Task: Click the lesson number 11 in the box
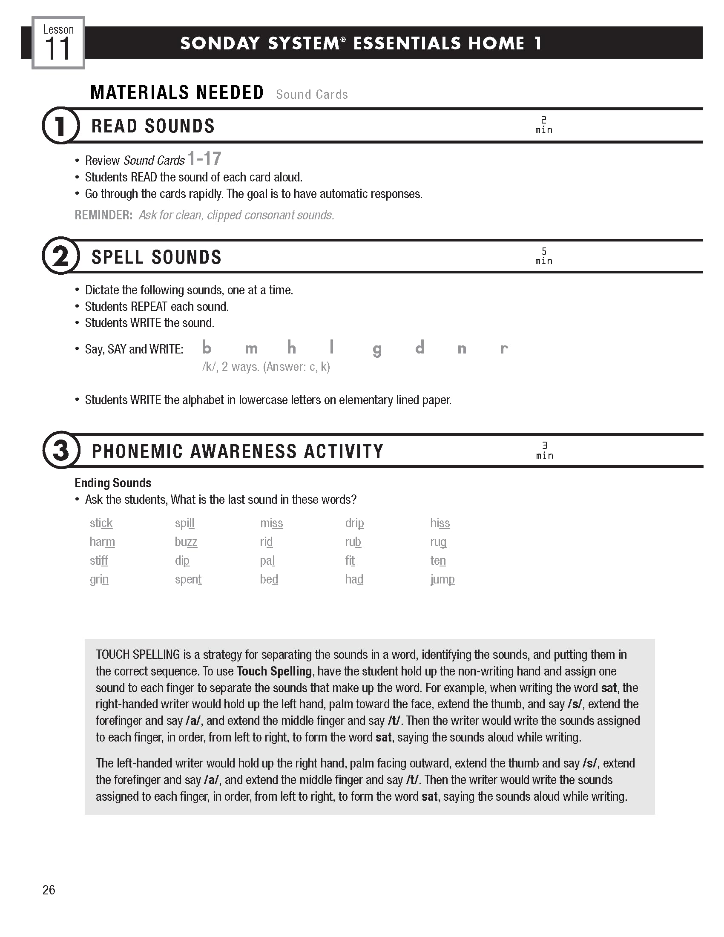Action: tap(57, 49)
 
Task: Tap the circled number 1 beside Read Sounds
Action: tap(60, 126)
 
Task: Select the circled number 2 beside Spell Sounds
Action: tap(60, 256)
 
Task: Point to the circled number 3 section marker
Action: tap(60, 450)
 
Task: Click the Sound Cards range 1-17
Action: tap(204, 159)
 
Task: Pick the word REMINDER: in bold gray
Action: tap(103, 215)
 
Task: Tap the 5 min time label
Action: tap(543, 256)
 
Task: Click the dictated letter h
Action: tap(291, 348)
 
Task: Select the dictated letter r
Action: tap(503, 348)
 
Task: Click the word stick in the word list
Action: tap(101, 523)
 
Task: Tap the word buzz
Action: tap(186, 542)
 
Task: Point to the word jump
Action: tap(442, 580)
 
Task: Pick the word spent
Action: tap(188, 579)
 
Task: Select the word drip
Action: tap(354, 523)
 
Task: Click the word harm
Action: tap(102, 542)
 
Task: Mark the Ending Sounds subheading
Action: tap(113, 483)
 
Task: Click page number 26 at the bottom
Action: tap(49, 890)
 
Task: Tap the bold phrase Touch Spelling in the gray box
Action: tap(274, 671)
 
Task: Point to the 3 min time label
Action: tap(544, 451)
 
